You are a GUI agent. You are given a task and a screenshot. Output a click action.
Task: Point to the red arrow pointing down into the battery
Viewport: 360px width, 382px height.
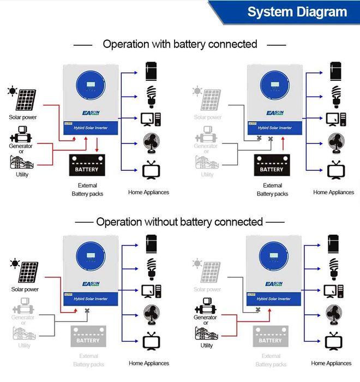click(x=97, y=145)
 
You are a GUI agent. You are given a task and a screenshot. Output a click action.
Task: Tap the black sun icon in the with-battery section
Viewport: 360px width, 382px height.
click(x=11, y=91)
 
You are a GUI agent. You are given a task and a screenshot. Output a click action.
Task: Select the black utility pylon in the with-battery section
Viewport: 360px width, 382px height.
click(x=22, y=162)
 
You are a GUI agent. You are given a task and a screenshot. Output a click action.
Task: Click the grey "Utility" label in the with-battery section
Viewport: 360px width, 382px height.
click(x=207, y=175)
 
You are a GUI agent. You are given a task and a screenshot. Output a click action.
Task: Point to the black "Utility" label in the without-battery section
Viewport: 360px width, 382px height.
click(x=207, y=345)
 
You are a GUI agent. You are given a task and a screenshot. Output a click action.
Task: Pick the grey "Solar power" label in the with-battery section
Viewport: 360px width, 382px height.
click(x=208, y=117)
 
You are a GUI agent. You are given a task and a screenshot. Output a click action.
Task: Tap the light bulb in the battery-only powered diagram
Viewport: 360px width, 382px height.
click(x=337, y=95)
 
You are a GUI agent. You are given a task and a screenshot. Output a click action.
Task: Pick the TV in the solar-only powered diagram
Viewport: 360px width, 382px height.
click(x=150, y=341)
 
